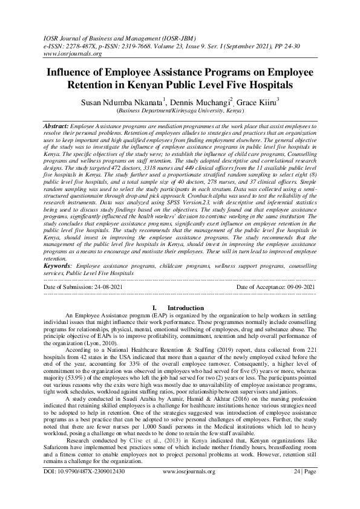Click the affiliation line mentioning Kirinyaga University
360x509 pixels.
pyautogui.click(x=180, y=112)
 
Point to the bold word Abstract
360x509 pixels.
pyautogui.click(x=56, y=123)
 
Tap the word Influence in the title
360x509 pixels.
pyautogui.click(x=73, y=71)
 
